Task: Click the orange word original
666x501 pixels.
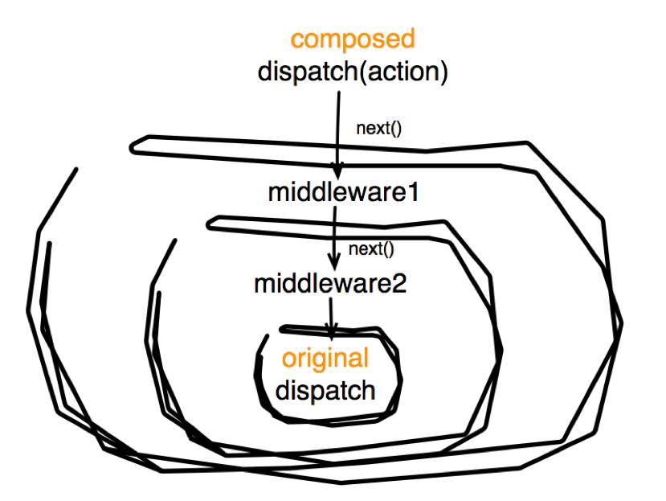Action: [325, 358]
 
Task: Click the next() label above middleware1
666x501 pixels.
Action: [380, 128]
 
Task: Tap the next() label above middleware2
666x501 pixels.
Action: [371, 248]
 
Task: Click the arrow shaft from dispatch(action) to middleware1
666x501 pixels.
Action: [338, 129]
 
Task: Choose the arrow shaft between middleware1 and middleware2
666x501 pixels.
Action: [334, 233]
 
